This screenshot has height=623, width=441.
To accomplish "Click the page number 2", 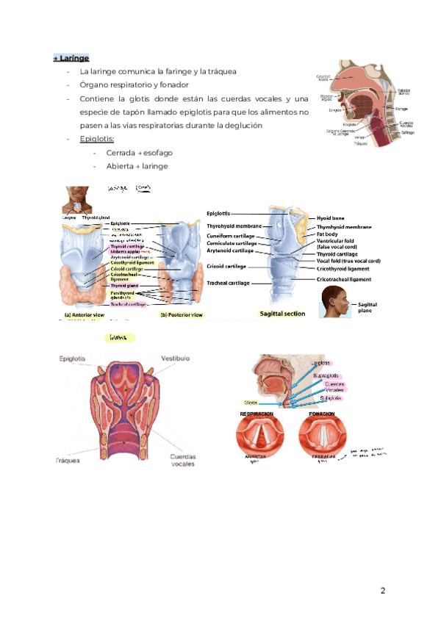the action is [383, 591].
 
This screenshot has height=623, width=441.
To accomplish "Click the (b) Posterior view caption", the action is [182, 315].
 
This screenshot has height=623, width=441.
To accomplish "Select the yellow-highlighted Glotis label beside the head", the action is [251, 403].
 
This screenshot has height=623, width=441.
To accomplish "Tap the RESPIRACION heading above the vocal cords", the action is [257, 414].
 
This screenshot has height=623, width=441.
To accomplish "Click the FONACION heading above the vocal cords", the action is [322, 414].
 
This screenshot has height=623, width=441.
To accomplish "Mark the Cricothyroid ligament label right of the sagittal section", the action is [343, 269].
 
